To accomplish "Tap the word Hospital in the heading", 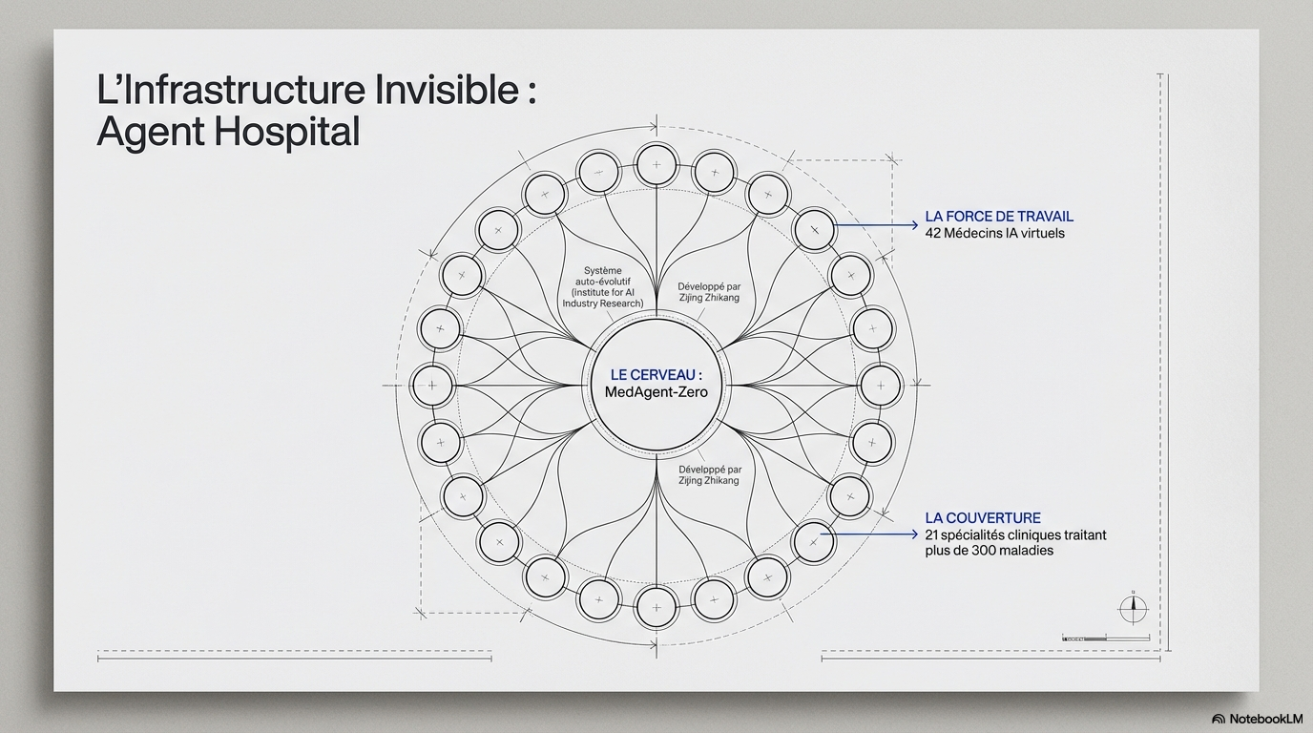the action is click(286, 132).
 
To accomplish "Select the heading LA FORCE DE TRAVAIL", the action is click(999, 217).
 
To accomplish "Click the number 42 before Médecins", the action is click(934, 234).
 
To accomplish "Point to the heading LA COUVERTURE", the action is click(983, 518).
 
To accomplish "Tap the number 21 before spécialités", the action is click(932, 534).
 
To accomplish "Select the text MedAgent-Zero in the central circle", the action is click(656, 391).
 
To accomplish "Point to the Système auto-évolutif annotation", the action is click(602, 286).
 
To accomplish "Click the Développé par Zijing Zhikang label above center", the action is click(709, 292).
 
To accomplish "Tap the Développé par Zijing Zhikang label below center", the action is click(710, 475).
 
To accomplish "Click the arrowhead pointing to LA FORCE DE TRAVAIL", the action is click(913, 225).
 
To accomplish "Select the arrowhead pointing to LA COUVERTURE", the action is click(913, 534).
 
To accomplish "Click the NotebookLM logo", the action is click(1258, 719).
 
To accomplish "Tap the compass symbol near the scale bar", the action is click(1133, 609).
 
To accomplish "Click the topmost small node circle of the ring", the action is click(656, 165).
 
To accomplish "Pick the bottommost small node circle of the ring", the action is click(656, 607).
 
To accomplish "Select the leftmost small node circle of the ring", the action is click(432, 386).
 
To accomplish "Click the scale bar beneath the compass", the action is click(1106, 638).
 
